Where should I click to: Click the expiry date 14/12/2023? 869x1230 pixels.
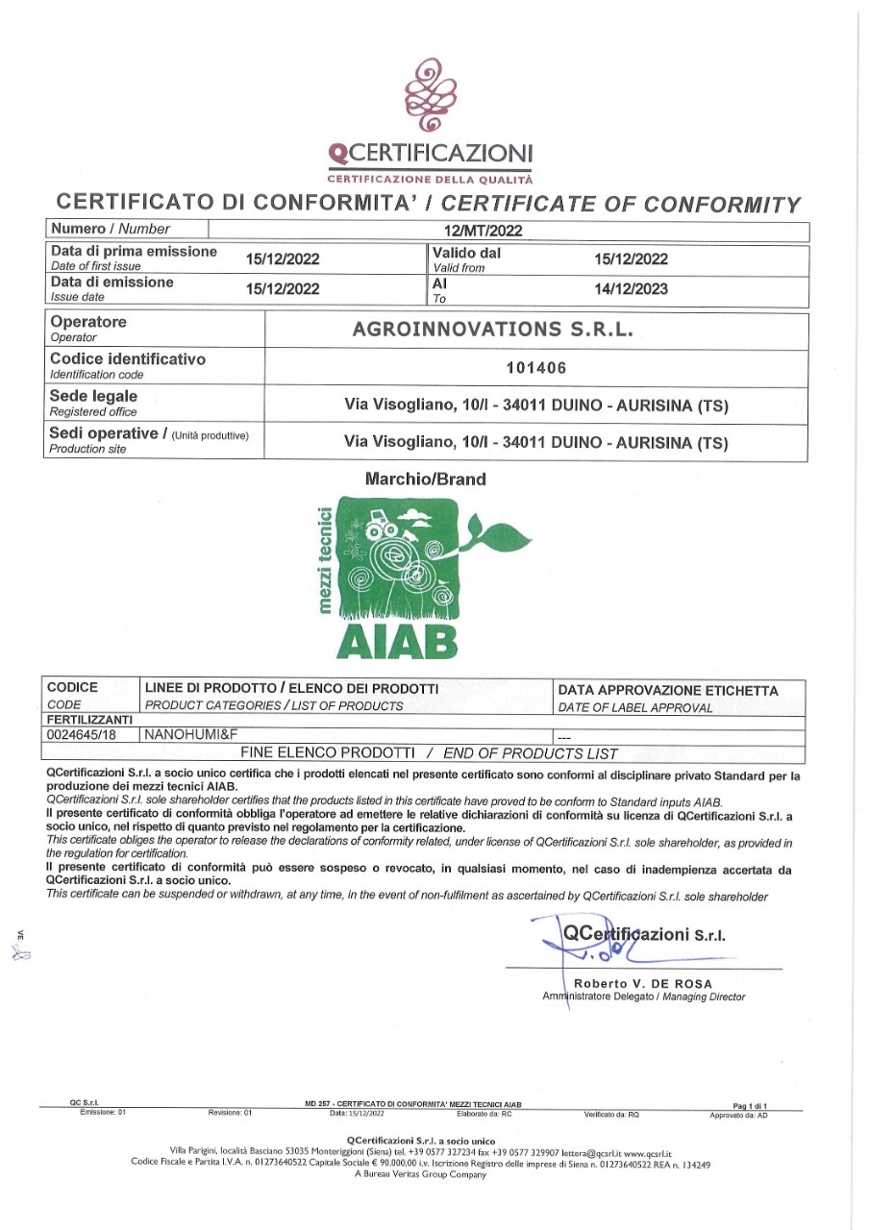tap(631, 288)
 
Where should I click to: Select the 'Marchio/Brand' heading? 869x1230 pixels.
tap(426, 479)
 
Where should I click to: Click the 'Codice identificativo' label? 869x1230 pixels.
tap(127, 358)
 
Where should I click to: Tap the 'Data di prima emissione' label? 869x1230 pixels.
tap(133, 252)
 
